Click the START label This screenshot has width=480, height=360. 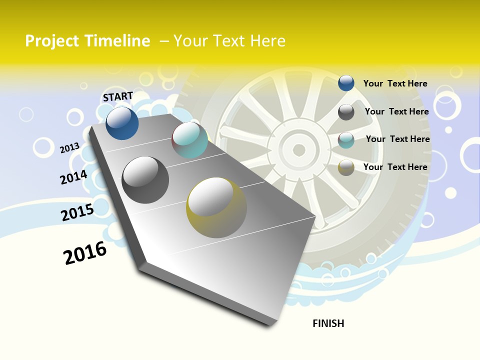[118, 96]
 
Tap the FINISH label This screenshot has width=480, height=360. [328, 323]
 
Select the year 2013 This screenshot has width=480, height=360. [70, 147]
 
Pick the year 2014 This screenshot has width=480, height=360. [73, 177]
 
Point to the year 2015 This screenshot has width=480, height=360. [77, 212]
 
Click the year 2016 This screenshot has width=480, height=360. [85, 252]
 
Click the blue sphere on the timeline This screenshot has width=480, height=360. [122, 123]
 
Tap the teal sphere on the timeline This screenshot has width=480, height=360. [190, 140]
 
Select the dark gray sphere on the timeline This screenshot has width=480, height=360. [145, 180]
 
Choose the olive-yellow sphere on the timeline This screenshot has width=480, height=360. [216, 207]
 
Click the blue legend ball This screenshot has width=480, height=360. [346, 83]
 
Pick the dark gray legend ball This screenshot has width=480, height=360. [346, 112]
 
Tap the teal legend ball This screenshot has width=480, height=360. [346, 140]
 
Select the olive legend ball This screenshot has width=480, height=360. [346, 168]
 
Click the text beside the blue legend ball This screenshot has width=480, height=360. [395, 83]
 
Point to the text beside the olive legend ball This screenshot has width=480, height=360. [395, 167]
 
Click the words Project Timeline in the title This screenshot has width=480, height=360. [87, 41]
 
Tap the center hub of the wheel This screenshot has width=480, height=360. [298, 149]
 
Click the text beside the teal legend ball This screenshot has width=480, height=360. [397, 139]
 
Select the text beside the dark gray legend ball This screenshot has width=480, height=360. [396, 111]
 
